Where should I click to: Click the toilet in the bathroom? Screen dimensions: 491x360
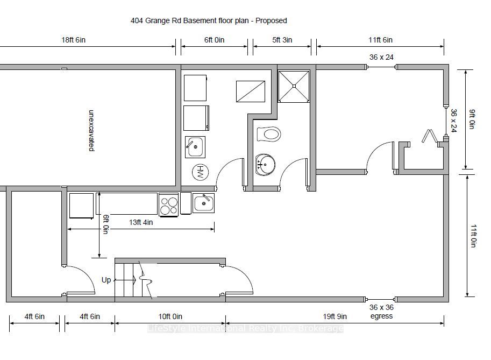pos(268,134)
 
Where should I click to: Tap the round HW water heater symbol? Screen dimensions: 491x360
pos(201,172)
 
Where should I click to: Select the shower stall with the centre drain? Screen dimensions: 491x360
pos(294,86)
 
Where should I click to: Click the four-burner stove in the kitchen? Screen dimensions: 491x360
pos(168,205)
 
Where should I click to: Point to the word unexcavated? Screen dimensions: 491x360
pos(91,130)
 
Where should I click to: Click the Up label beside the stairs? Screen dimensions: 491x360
pos(106,280)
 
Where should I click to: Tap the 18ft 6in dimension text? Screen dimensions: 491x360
pos(73,40)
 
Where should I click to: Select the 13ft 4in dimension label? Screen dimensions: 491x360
pos(141,222)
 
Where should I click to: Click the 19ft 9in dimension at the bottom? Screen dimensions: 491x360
pos(335,316)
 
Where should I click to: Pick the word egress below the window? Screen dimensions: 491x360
pos(381,316)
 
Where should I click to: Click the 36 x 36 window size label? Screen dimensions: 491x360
pos(381,307)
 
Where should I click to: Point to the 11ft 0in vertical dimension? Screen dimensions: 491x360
pos(473,236)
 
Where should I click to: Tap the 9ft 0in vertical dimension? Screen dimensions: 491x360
pos(472,119)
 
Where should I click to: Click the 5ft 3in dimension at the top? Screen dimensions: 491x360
pos(282,40)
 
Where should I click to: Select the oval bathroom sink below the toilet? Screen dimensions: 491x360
pos(265,164)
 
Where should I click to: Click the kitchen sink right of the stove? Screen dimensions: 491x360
pos(203,203)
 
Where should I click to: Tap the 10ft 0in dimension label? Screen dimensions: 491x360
pos(170,316)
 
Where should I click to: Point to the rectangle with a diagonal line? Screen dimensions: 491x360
pos(251,91)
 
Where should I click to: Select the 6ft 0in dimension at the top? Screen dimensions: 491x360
pos(214,40)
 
